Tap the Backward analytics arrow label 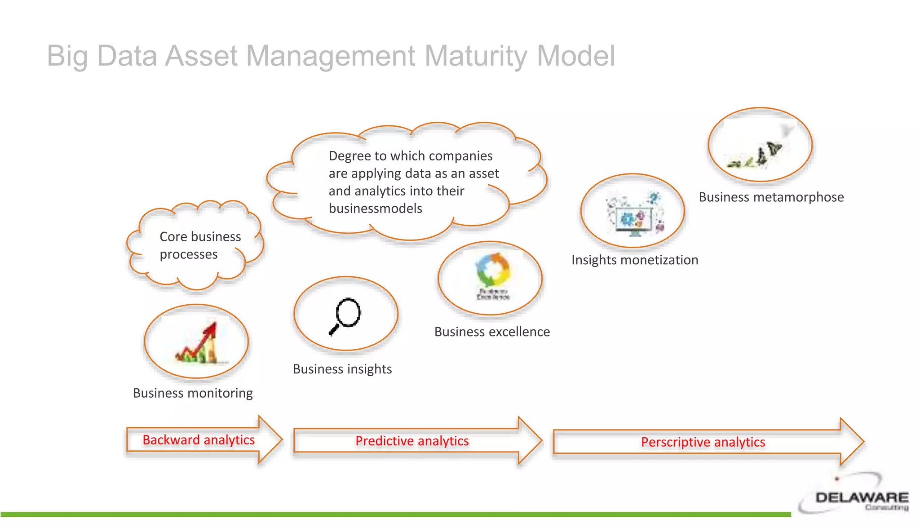(199, 440)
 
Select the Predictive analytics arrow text (412, 441)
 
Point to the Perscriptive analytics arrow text (703, 442)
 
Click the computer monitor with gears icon (634, 214)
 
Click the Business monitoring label (193, 393)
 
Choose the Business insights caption (342, 369)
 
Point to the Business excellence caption (492, 332)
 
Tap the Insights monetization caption (634, 260)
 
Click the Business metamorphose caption (771, 197)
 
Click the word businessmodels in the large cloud (375, 209)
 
